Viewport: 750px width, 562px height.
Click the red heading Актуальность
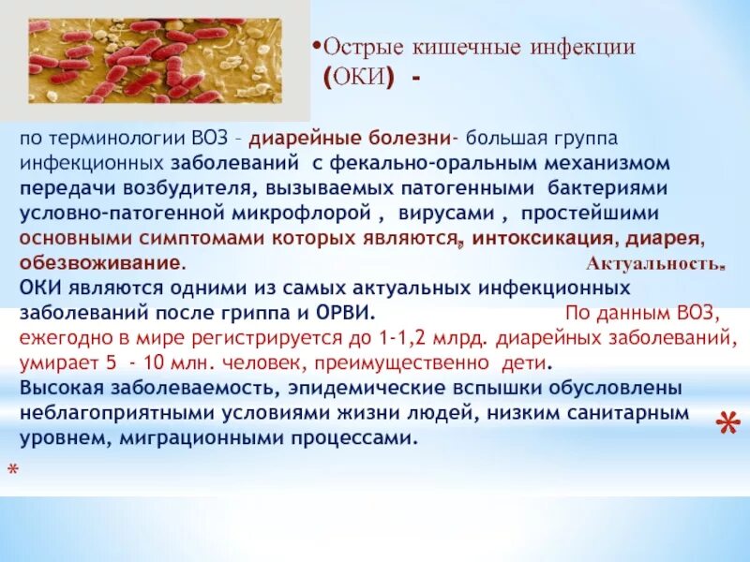coord(655,263)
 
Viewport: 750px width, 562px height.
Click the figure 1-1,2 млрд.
coord(429,337)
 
